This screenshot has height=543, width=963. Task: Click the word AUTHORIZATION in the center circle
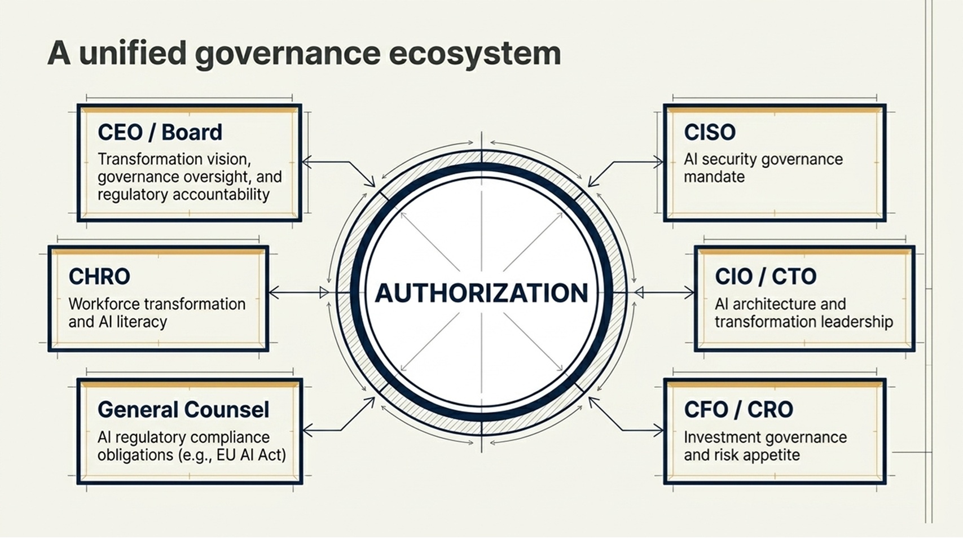click(482, 293)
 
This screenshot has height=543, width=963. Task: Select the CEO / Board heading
click(160, 132)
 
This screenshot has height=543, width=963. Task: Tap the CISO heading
click(710, 132)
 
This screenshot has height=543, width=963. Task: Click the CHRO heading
click(99, 276)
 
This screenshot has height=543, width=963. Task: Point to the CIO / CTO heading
click(766, 276)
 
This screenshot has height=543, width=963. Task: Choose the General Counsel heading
click(183, 410)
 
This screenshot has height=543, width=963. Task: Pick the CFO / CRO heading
click(738, 410)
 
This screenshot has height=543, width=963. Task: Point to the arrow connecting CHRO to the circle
click(299, 293)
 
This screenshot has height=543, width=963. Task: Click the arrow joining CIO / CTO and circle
click(665, 293)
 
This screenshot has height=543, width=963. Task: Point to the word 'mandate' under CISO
click(714, 177)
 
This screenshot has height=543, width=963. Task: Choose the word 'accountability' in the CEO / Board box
click(221, 195)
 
